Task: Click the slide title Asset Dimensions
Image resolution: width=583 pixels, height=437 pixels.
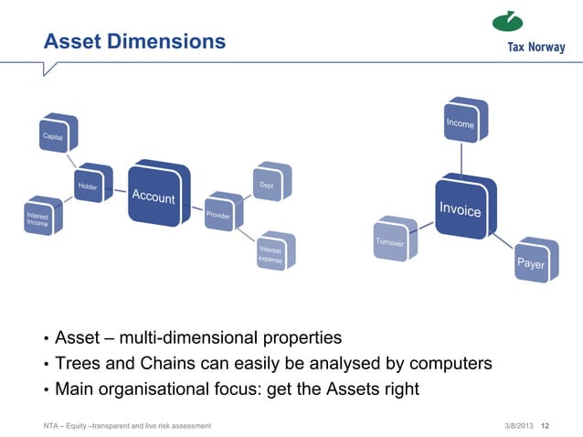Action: point(135,42)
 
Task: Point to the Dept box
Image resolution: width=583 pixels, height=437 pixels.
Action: point(271,183)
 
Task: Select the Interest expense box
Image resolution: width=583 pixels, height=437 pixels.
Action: point(274,252)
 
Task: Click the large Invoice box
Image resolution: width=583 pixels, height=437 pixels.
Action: point(463,208)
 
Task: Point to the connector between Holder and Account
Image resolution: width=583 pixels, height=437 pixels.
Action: point(119,190)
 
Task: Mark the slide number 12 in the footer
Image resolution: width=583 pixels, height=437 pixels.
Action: point(546,426)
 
